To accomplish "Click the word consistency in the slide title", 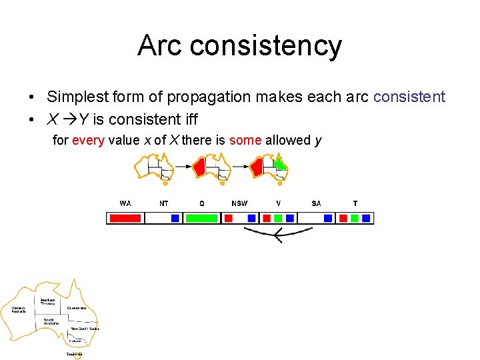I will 265,45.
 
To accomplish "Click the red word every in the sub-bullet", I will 87,140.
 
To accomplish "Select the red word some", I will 245,140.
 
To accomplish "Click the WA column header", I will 125,203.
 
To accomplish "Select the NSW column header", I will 239,203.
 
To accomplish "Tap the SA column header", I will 316,203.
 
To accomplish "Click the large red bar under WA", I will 125,218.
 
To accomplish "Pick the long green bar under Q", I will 201,218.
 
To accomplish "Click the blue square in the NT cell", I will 175,218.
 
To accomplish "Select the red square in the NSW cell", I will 228,218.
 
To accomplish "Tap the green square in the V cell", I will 278,218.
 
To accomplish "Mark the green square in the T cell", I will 355,218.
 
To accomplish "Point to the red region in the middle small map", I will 199,167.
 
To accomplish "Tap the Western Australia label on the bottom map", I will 18,310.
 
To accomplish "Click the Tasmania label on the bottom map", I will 74,355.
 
